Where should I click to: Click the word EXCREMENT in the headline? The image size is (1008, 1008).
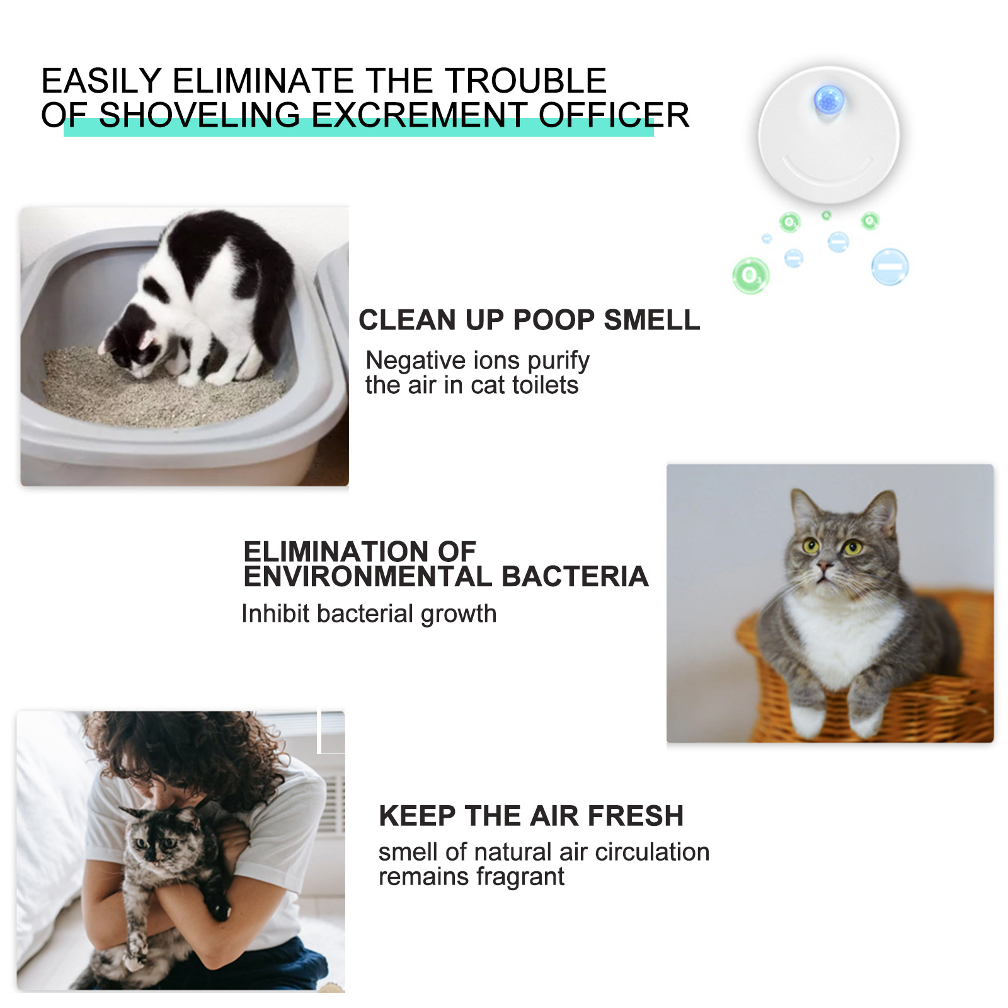[418, 115]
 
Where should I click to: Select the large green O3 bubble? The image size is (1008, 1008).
[750, 275]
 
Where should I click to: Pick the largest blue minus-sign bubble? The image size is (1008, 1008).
[890, 267]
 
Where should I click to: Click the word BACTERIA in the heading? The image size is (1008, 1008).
[575, 576]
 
